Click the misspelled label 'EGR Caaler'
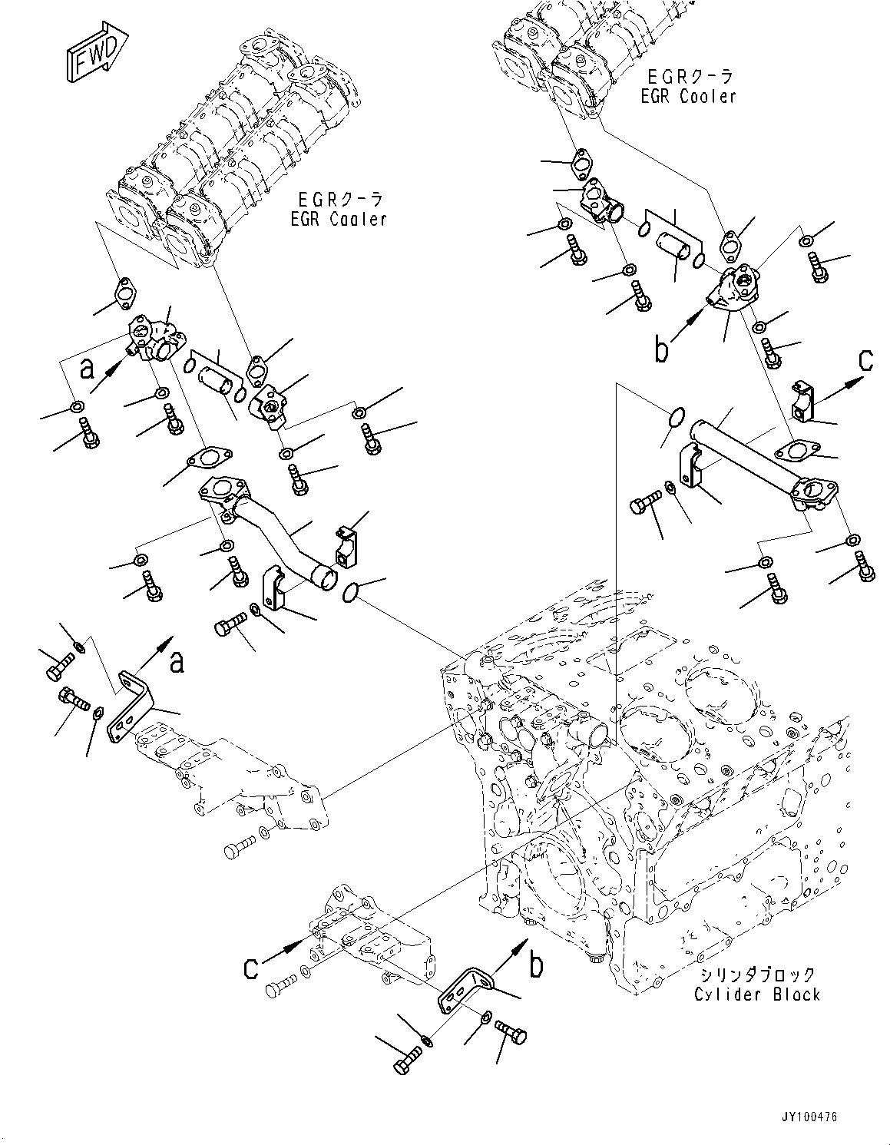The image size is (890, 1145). coord(338,220)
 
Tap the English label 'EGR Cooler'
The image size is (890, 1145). coord(688,96)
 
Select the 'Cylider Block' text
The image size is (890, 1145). coord(757,994)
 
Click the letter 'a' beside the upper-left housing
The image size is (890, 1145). coord(88,369)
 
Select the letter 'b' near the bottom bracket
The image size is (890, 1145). coord(536,965)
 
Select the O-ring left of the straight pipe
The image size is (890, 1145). coord(674,419)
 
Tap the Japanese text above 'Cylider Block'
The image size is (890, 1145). coord(757,975)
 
